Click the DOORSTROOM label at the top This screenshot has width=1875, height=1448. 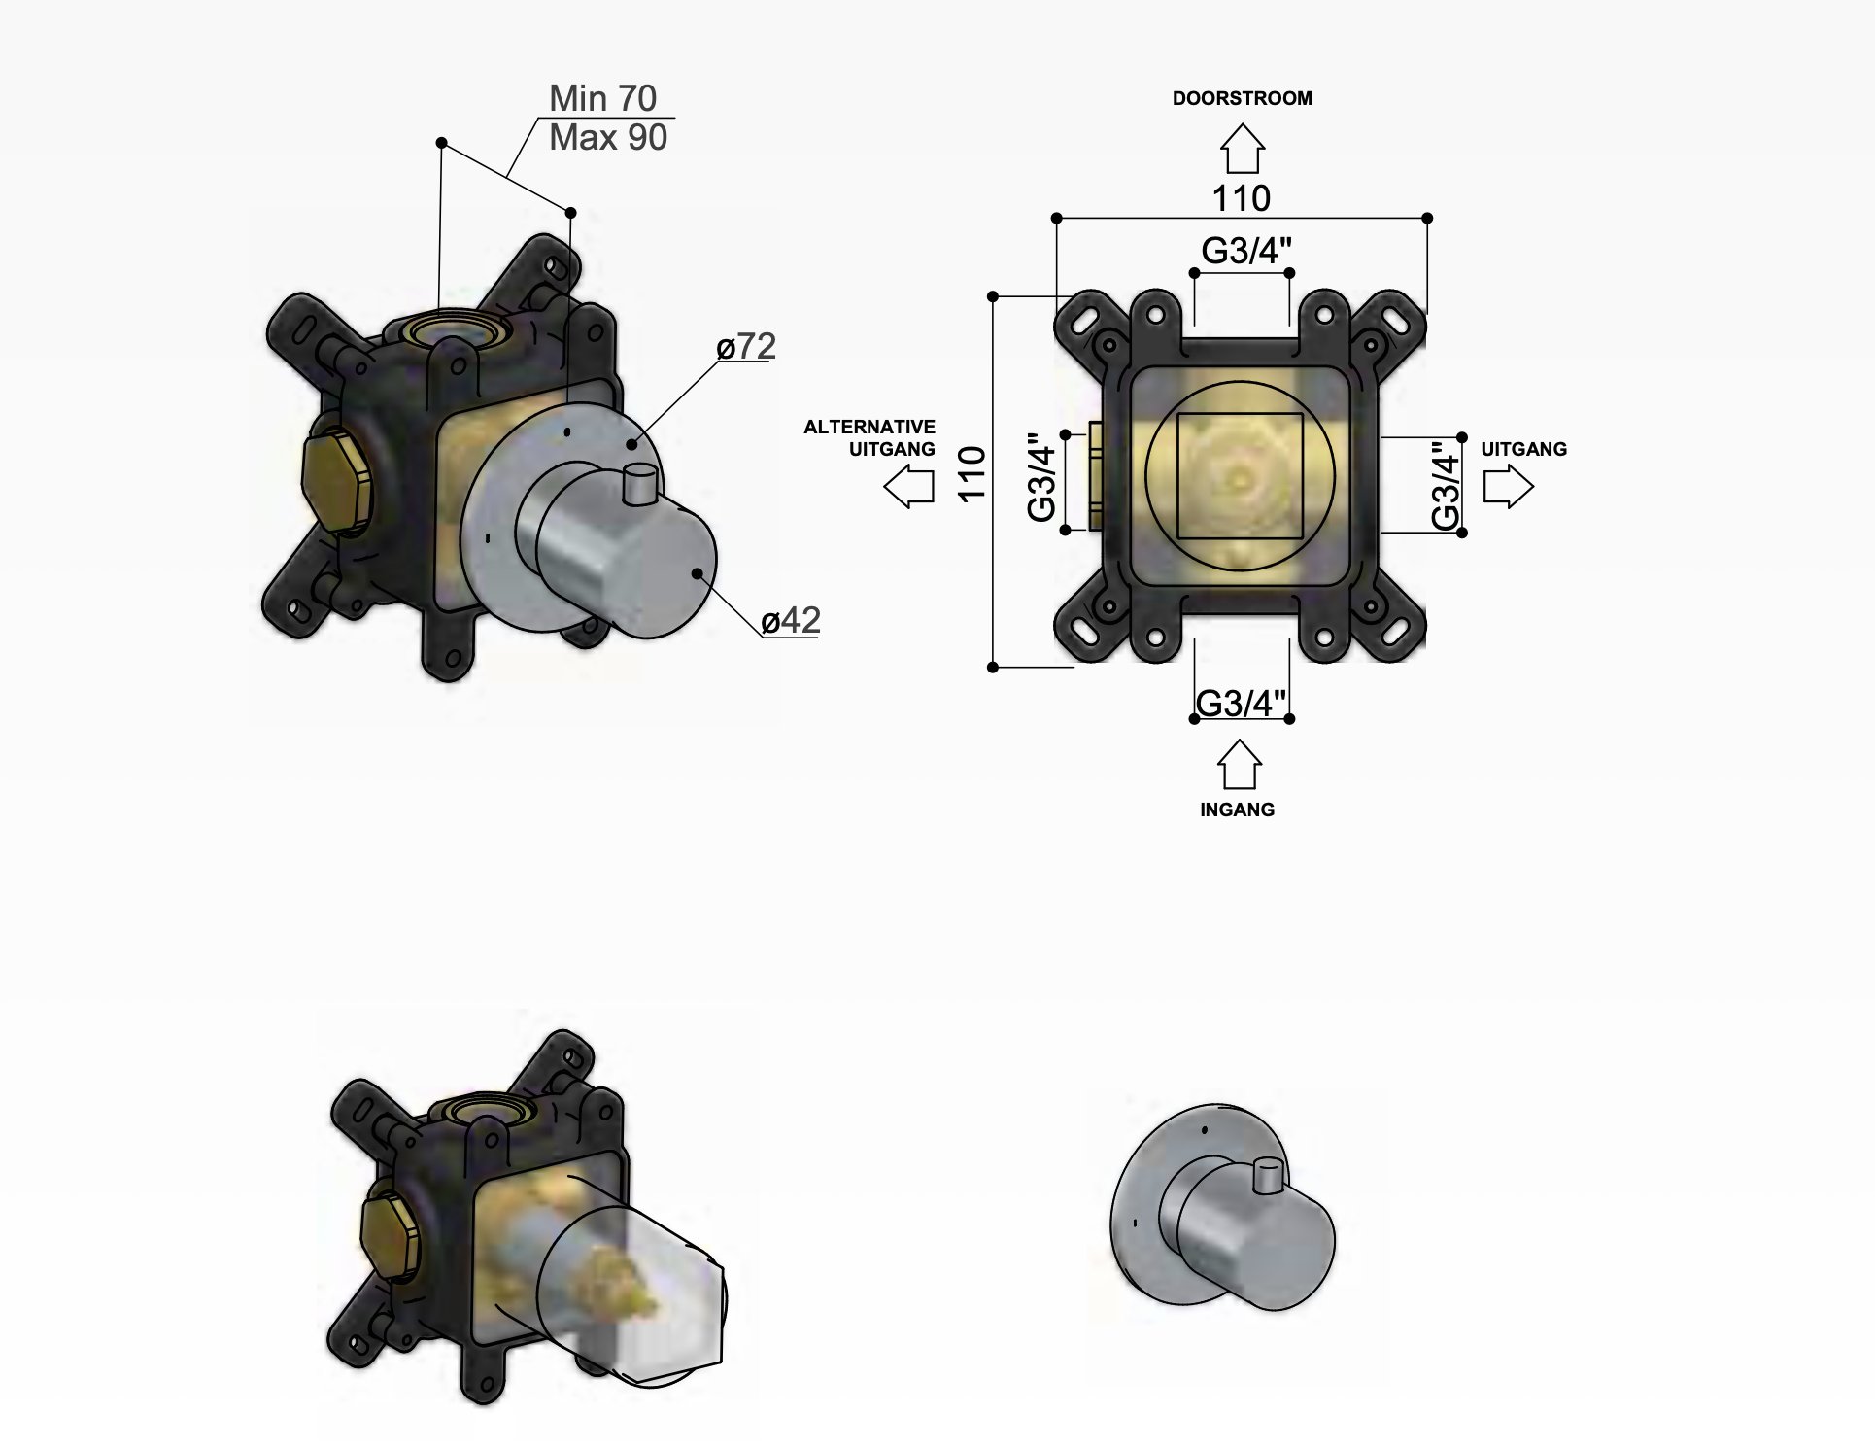point(1242,98)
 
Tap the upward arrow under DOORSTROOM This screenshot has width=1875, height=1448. point(1242,150)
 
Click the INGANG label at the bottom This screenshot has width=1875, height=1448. point(1237,810)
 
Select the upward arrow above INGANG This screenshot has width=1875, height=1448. point(1239,765)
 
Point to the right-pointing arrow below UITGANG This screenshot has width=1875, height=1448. point(1508,486)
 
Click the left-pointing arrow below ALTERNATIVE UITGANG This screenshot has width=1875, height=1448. point(908,486)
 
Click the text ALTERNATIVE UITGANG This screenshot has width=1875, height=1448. point(870,437)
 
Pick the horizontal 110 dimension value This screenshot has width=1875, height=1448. point(1241,199)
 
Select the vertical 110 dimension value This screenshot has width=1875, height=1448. point(972,473)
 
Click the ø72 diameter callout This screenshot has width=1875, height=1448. point(746,346)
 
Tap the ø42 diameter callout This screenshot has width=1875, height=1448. point(791,620)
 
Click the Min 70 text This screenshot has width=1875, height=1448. point(602,98)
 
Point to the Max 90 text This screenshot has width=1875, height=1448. point(608,138)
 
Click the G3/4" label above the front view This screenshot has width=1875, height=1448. point(1246,251)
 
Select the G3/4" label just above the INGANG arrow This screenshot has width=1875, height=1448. point(1241,703)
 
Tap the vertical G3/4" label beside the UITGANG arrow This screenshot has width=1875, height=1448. point(1446,485)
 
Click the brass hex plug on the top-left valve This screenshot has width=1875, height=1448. point(336,482)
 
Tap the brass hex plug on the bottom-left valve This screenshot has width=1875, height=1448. point(391,1238)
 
